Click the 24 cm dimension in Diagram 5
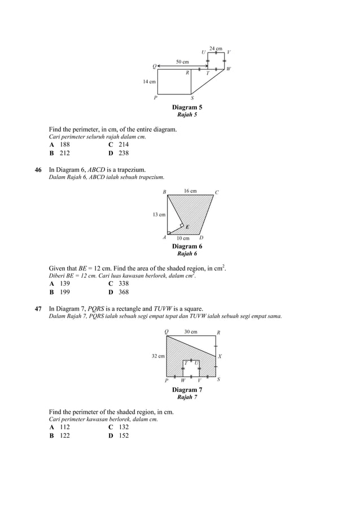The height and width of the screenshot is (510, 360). (216, 49)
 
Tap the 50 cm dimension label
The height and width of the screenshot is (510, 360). (182, 61)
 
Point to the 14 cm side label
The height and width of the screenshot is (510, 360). (149, 82)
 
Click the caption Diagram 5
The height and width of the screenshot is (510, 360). (187, 107)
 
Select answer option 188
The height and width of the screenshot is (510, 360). (65, 145)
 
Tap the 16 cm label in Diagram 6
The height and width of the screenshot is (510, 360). (190, 191)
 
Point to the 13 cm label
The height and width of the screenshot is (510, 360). (159, 215)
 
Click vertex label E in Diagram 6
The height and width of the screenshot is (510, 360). (187, 227)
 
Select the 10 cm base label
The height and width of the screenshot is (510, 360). (183, 238)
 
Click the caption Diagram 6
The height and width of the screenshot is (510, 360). (187, 246)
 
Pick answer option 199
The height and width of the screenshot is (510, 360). (65, 292)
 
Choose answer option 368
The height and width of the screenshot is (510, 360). (124, 292)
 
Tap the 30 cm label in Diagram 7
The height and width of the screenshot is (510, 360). (191, 332)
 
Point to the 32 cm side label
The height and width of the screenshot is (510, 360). (158, 356)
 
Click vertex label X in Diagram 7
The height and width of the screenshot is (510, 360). (219, 356)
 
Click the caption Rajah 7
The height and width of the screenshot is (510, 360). (187, 398)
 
